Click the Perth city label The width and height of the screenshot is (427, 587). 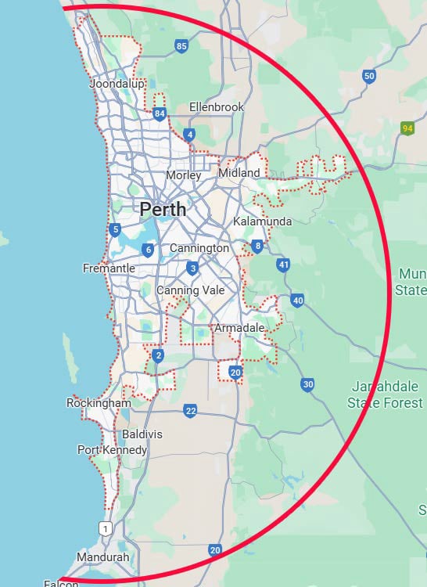click(x=163, y=209)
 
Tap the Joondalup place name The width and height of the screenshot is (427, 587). click(x=117, y=84)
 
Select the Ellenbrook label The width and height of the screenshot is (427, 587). click(x=217, y=107)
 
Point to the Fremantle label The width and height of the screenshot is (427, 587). click(x=109, y=268)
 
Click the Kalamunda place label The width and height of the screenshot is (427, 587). click(x=263, y=221)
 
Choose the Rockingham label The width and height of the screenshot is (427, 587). click(x=99, y=403)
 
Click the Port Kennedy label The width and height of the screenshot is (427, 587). click(x=112, y=450)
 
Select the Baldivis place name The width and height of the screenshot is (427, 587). click(x=142, y=434)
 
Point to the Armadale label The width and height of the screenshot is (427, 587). click(x=239, y=327)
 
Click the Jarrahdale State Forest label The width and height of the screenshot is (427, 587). click(x=385, y=396)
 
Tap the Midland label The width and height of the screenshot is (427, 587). click(x=239, y=172)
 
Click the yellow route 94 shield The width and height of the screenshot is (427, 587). click(x=407, y=128)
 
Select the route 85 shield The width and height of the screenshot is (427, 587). click(x=182, y=47)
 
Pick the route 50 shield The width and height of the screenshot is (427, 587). click(x=369, y=76)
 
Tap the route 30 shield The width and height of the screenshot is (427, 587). click(x=307, y=384)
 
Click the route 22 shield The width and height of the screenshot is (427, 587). click(x=191, y=410)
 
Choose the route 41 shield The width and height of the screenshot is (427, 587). click(x=283, y=265)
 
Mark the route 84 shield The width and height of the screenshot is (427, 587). click(x=160, y=114)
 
